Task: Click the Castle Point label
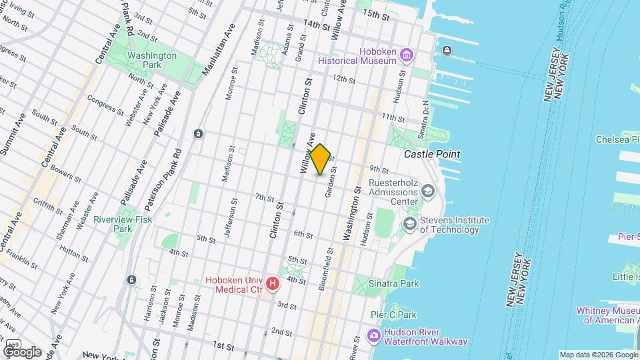click(432, 154)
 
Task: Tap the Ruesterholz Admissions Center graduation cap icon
click(427, 193)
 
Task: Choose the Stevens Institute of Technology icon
click(408, 225)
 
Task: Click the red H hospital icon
click(272, 285)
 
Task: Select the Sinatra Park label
click(394, 283)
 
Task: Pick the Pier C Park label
click(393, 315)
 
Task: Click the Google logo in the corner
click(22, 351)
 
